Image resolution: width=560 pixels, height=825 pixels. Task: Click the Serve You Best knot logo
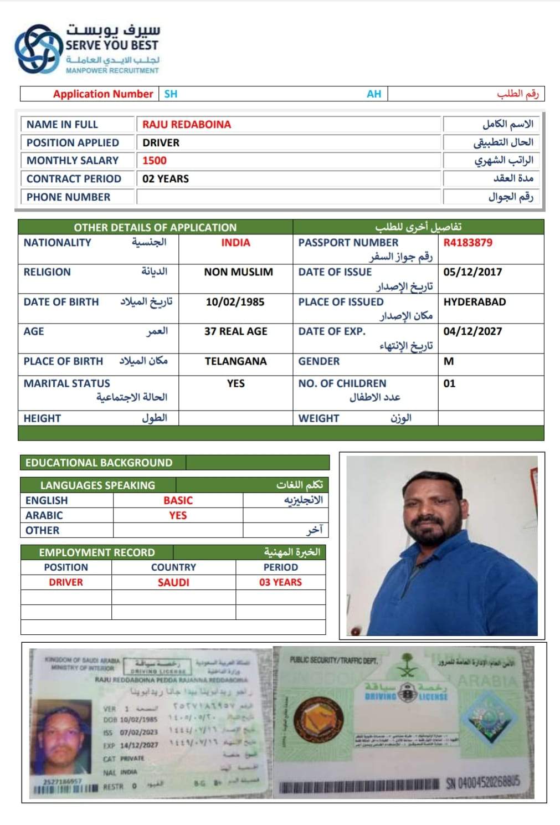(x=38, y=49)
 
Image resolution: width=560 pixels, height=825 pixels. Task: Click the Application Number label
(x=103, y=94)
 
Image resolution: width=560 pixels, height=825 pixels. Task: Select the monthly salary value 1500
(x=155, y=161)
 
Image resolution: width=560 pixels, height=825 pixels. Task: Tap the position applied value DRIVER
(x=161, y=142)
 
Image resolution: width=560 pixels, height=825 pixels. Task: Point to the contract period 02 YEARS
(x=166, y=179)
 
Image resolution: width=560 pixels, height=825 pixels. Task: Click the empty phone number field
(x=288, y=197)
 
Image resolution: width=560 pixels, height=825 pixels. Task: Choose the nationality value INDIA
(x=235, y=243)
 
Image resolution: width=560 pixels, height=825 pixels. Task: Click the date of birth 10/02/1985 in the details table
(x=235, y=302)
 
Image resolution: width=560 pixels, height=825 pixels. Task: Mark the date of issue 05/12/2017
(x=472, y=272)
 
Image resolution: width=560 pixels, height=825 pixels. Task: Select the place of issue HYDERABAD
(x=475, y=302)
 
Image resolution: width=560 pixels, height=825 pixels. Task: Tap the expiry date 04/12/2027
(x=472, y=331)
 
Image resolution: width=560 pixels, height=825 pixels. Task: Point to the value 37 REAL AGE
(x=235, y=331)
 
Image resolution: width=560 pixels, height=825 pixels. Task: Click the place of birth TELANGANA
(x=235, y=361)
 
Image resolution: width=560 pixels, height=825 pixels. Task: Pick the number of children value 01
(x=449, y=383)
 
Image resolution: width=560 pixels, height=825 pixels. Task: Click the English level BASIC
(x=178, y=500)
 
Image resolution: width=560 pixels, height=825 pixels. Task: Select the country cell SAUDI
(x=173, y=582)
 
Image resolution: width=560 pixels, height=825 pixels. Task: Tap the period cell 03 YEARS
(x=280, y=582)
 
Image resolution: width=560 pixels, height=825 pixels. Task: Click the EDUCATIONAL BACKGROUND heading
(x=99, y=463)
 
